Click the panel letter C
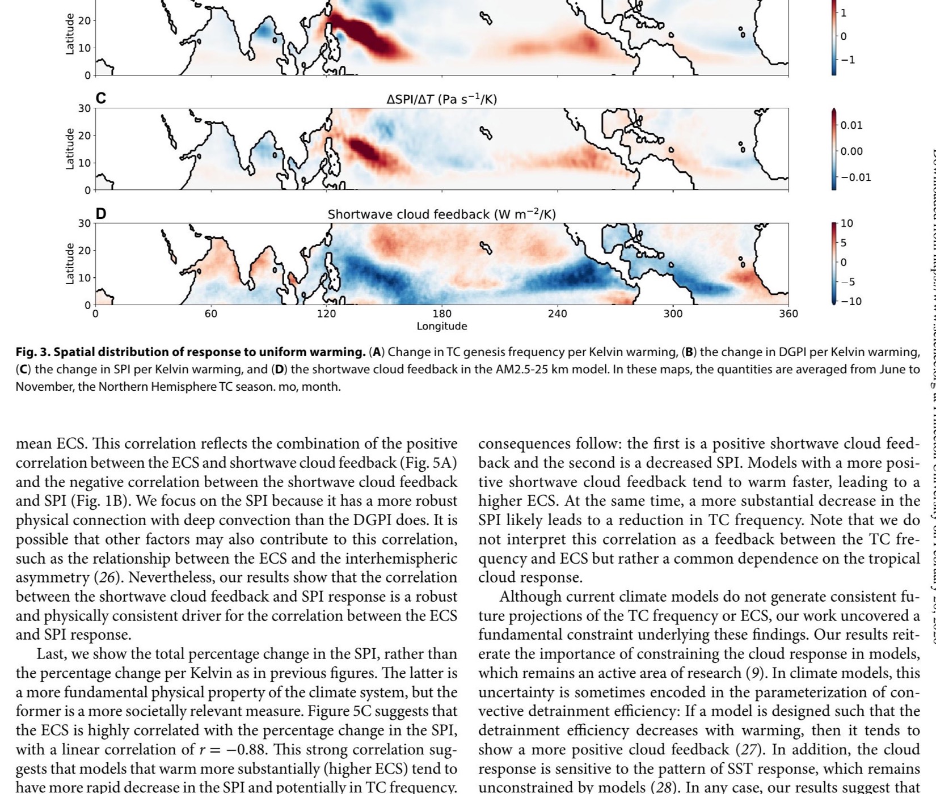click(x=100, y=98)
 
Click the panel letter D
click(x=101, y=214)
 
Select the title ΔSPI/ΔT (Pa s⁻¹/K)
click(x=441, y=99)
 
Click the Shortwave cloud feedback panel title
click(x=441, y=214)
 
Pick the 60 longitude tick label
click(x=210, y=314)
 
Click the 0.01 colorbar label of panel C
click(x=851, y=125)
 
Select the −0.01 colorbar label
click(x=855, y=178)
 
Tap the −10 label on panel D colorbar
click(x=850, y=301)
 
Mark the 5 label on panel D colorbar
click(x=844, y=243)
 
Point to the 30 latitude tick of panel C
click(x=84, y=108)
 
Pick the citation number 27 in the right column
click(x=747, y=750)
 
